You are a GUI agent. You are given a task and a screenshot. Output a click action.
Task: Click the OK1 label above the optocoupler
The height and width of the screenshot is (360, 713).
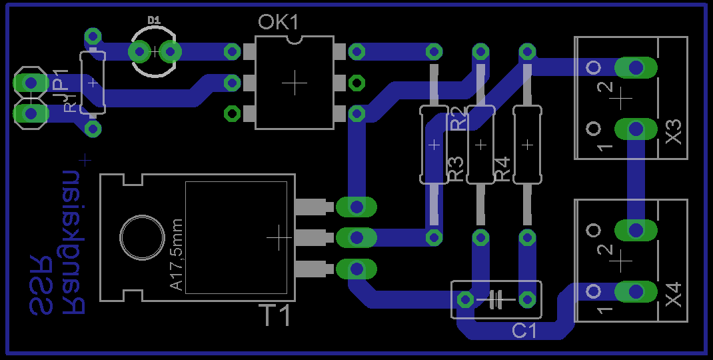(x=279, y=23)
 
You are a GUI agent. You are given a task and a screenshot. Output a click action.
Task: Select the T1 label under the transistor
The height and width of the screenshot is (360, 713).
(x=275, y=315)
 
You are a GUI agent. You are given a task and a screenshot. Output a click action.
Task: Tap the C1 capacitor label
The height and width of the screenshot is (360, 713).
(x=524, y=331)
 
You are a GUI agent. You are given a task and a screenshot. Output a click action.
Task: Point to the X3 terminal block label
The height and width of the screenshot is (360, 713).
(x=674, y=131)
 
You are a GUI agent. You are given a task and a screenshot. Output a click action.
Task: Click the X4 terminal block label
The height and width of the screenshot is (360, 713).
(x=674, y=295)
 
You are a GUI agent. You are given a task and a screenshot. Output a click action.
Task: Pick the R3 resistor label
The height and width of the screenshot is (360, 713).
(x=456, y=169)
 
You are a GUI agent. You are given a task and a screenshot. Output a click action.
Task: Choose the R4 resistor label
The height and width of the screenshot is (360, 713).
(x=502, y=169)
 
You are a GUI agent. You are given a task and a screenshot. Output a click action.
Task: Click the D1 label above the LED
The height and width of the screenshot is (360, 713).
(x=155, y=21)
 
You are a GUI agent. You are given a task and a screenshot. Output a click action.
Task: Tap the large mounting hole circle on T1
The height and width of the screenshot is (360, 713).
(x=141, y=237)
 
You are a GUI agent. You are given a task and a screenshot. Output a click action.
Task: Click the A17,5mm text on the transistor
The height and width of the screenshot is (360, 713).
(x=177, y=255)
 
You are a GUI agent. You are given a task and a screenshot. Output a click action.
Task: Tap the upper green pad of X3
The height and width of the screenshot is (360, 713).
(x=636, y=67)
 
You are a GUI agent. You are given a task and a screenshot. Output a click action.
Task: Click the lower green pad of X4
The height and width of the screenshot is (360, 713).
(x=636, y=291)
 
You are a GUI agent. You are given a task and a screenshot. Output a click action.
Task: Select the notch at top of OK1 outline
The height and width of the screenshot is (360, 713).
(x=293, y=40)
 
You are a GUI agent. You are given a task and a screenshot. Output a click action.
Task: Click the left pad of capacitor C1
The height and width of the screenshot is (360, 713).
(x=464, y=299)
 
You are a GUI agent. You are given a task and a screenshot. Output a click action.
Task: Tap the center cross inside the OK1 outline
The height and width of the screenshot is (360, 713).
(x=293, y=83)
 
